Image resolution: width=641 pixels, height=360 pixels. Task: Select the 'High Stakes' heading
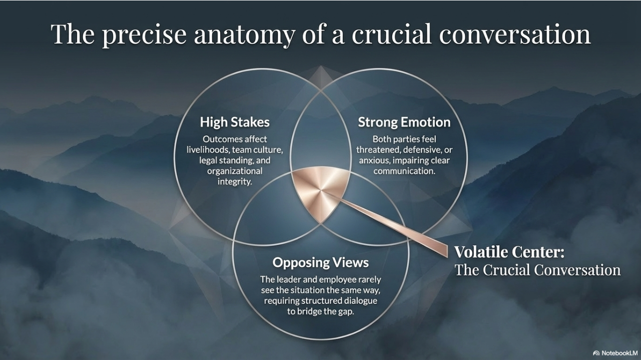tap(235, 122)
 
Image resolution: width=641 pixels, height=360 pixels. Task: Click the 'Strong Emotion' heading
tap(404, 122)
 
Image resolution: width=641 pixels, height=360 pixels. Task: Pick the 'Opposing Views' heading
tap(320, 262)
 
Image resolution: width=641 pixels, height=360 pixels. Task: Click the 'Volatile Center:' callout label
tap(509, 252)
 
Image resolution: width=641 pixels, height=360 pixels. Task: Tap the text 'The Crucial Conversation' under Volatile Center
tap(537, 270)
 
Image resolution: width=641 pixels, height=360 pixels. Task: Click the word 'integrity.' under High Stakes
tap(235, 181)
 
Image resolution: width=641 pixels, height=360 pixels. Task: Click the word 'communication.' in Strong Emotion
tap(404, 171)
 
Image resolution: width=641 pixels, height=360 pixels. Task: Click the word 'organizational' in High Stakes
tap(235, 171)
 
